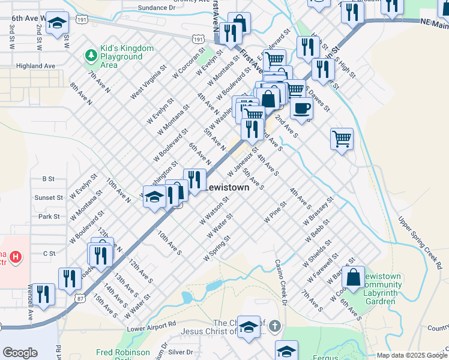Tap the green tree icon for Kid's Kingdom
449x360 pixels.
point(91,56)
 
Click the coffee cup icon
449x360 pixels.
point(301,109)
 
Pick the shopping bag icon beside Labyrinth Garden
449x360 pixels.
point(354,277)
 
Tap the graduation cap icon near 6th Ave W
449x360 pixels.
point(57,23)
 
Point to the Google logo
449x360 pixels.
point(20,353)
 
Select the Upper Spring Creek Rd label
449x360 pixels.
point(420,242)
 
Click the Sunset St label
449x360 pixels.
point(49,197)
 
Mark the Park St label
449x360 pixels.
point(49,216)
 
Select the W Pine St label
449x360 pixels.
point(276,212)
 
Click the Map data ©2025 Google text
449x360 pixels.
point(411,355)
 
